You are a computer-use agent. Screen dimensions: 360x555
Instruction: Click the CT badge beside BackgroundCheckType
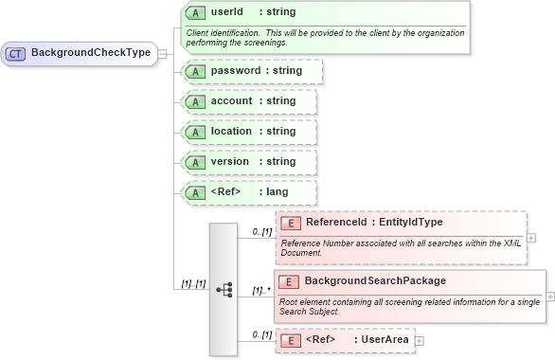click(16, 53)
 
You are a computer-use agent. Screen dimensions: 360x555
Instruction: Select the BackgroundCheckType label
click(91, 53)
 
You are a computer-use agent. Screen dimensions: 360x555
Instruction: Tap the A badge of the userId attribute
click(194, 13)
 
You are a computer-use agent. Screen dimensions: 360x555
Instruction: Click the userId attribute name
click(226, 13)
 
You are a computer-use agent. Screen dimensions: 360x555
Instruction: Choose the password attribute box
click(252, 71)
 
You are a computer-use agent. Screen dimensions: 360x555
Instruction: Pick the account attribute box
click(249, 101)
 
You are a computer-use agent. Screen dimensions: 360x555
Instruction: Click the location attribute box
click(249, 132)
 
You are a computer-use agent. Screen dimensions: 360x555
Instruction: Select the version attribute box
click(249, 162)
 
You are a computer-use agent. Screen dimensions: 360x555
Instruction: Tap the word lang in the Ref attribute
click(277, 192)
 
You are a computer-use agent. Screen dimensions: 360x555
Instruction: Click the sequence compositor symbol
click(224, 289)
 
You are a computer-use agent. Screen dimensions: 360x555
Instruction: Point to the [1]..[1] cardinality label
click(194, 283)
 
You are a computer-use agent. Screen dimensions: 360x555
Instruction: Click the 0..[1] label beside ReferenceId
click(261, 231)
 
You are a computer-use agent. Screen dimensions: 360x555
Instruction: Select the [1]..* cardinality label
click(261, 290)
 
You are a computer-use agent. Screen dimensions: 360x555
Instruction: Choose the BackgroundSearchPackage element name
click(375, 281)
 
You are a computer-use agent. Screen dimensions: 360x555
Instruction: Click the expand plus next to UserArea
click(420, 340)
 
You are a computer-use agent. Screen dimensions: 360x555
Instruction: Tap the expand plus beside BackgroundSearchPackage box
click(550, 296)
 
